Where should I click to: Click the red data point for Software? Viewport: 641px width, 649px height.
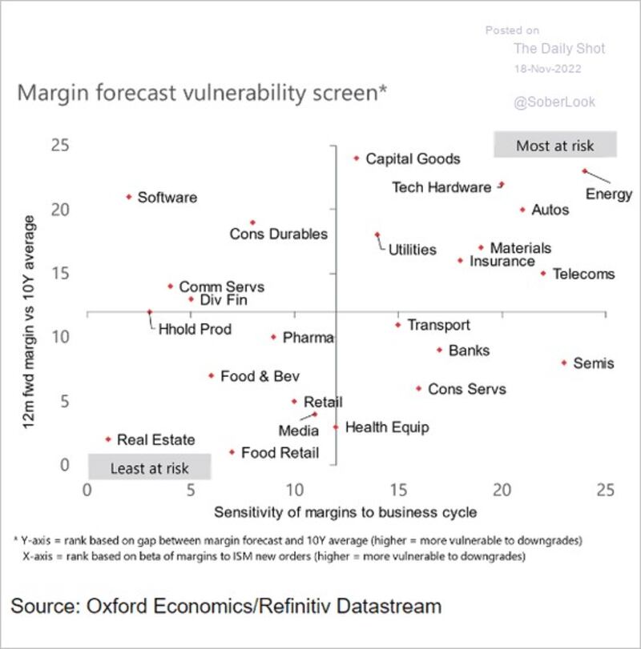point(129,197)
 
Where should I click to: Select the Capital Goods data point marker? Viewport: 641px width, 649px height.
point(357,158)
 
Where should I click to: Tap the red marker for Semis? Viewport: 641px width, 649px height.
point(564,363)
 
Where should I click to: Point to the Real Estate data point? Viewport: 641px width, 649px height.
point(108,439)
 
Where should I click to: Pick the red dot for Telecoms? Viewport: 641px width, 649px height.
point(543,273)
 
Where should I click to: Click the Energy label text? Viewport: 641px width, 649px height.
point(609,194)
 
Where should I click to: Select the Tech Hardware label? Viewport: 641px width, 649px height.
point(441,187)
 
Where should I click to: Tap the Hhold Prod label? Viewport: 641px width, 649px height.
point(195,330)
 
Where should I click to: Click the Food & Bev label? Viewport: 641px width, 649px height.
point(260,376)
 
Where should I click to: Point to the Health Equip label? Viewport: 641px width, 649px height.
point(387,427)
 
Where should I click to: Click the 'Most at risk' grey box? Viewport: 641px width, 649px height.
point(555,145)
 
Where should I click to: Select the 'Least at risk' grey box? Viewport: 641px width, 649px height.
point(150,467)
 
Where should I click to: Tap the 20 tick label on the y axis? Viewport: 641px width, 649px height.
point(60,210)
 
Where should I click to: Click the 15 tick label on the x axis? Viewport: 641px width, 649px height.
point(398,490)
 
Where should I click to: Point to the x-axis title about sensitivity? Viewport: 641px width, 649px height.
point(345,512)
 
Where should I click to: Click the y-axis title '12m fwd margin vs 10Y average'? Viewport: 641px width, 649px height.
point(28,322)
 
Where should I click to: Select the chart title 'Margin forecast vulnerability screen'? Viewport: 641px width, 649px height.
point(202,93)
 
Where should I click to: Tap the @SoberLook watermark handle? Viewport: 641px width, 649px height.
point(554,102)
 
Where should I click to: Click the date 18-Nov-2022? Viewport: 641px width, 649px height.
point(547,69)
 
